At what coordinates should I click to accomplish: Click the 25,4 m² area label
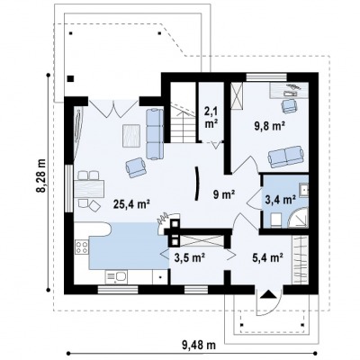pyautogui.click(x=131, y=204)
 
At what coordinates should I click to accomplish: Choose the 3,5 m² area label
pyautogui.click(x=189, y=257)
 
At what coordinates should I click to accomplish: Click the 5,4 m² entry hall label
pyautogui.click(x=268, y=257)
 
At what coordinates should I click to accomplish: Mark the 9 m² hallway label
pyautogui.click(x=223, y=195)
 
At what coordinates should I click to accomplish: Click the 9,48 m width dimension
pyautogui.click(x=199, y=345)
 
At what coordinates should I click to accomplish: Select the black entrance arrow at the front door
pyautogui.click(x=268, y=294)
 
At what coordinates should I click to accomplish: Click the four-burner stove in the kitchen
pyautogui.click(x=81, y=247)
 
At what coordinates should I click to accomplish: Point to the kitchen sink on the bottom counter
pyautogui.click(x=116, y=277)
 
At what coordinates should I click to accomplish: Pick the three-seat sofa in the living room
pyautogui.click(x=155, y=134)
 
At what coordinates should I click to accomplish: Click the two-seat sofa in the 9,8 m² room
pyautogui.click(x=285, y=157)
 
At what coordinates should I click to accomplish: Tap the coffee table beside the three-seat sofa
pyautogui.click(x=131, y=136)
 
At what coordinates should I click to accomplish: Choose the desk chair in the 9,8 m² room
pyautogui.click(x=289, y=106)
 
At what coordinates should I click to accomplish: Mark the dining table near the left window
pyautogui.click(x=89, y=188)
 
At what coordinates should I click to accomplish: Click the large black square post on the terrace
pyautogui.click(x=70, y=79)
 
